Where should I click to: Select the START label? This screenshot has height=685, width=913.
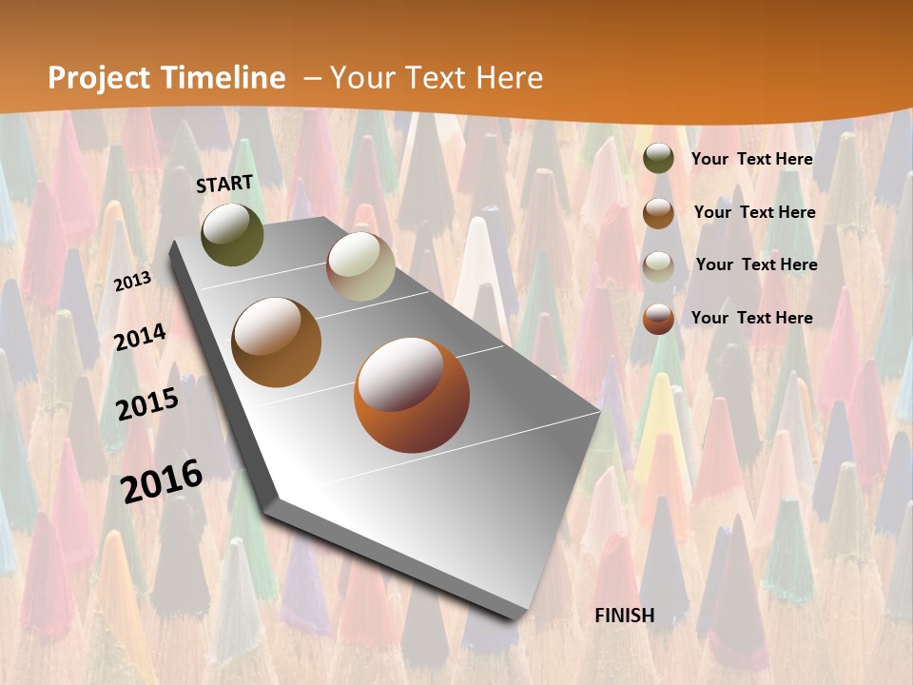click(224, 184)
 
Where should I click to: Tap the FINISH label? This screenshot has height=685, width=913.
click(625, 616)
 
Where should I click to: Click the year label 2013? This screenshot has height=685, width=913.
click(133, 281)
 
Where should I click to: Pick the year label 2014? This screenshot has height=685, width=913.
click(141, 337)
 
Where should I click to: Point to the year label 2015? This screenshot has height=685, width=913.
click(147, 403)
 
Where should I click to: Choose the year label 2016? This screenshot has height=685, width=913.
click(162, 479)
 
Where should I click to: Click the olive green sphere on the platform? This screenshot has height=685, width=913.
click(232, 234)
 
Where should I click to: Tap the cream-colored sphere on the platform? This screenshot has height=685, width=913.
click(360, 266)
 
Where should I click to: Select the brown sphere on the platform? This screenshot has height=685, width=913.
click(277, 342)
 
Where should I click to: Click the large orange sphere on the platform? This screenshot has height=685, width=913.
click(412, 394)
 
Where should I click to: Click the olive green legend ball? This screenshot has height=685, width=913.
click(658, 159)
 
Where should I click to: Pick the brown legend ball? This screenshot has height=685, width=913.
click(658, 212)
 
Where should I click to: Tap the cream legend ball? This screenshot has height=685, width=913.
click(658, 265)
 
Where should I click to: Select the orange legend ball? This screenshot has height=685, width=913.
click(658, 319)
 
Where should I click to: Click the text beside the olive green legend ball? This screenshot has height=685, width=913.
click(752, 159)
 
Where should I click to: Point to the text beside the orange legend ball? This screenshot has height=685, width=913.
click(752, 318)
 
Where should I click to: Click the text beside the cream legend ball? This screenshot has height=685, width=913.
click(756, 264)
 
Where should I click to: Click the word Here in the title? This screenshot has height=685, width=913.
click(509, 78)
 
